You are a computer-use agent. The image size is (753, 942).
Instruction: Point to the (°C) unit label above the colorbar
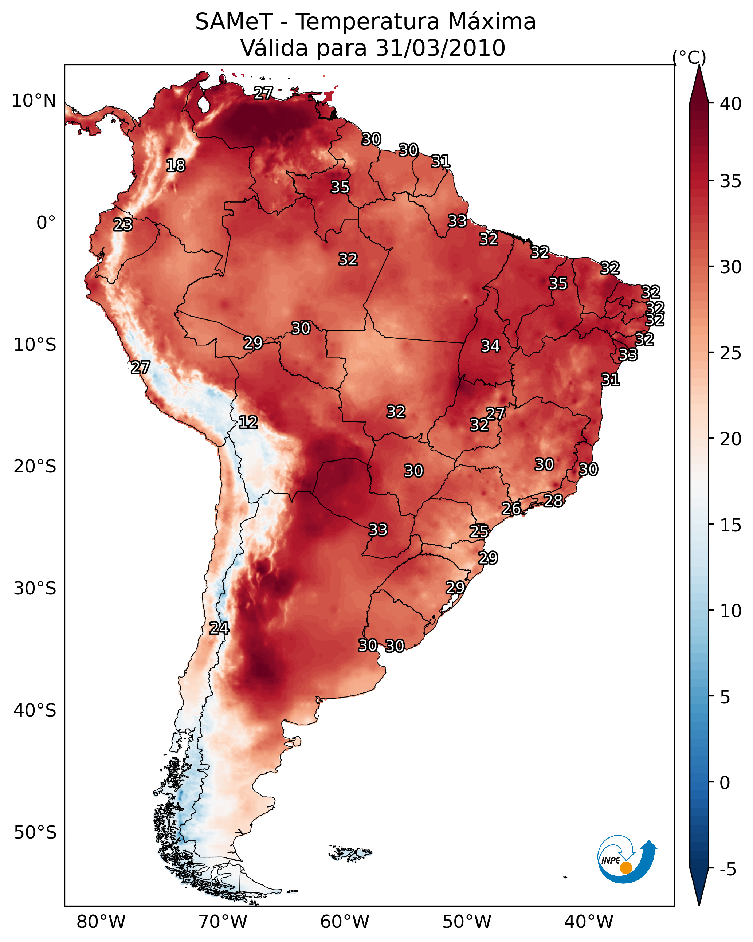[x=689, y=57]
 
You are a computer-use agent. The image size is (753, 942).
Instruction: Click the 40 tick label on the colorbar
[x=731, y=104]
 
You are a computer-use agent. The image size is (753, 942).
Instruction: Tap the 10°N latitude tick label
[x=34, y=101]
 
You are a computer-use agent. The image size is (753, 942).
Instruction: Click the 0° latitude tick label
[x=46, y=223]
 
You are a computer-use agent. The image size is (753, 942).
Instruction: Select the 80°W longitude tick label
[x=101, y=922]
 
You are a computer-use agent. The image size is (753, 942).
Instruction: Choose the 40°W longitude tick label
[x=589, y=922]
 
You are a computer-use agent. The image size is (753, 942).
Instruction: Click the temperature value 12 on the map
[x=248, y=422]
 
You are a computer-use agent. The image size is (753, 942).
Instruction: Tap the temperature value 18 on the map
[x=176, y=166]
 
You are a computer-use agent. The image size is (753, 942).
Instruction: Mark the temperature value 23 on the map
[x=123, y=225]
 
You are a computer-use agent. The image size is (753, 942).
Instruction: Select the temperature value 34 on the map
[x=490, y=346]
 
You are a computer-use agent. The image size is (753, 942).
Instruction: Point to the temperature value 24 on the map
[x=219, y=628]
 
